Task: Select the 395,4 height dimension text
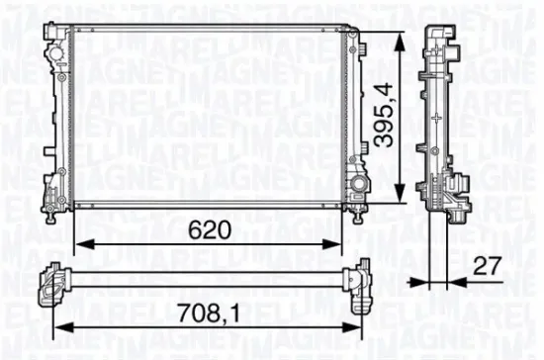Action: [x=382, y=117]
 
